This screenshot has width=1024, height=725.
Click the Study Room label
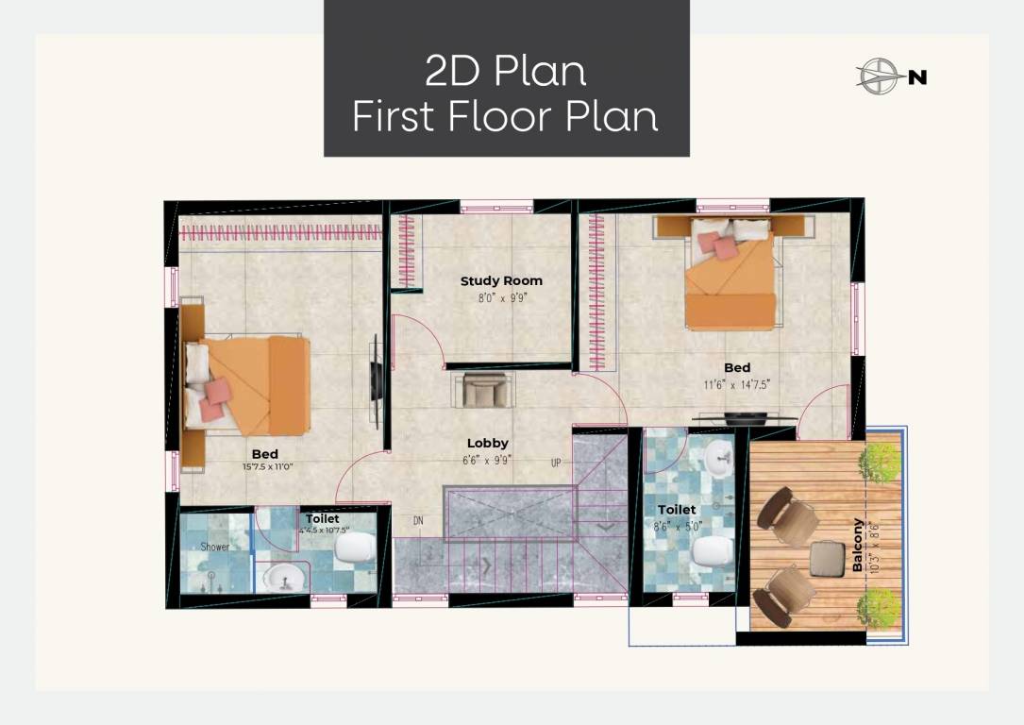[x=501, y=280]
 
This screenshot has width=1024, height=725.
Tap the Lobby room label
[x=487, y=443]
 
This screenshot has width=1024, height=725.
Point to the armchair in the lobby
[x=485, y=390]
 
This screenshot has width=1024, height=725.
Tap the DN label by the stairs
[x=418, y=520]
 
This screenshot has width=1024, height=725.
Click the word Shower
[x=215, y=547]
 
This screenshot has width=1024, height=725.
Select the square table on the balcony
[x=827, y=558]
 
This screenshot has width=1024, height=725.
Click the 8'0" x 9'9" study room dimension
[x=500, y=297]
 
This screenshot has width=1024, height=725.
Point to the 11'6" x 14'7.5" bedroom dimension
[x=737, y=384]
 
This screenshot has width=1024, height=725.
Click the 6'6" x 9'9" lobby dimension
[x=487, y=460]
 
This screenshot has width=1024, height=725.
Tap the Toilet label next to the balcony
[x=677, y=510]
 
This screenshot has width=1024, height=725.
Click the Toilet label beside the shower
[x=323, y=518]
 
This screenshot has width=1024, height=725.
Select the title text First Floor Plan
[x=505, y=117]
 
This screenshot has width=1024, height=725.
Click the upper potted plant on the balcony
[x=879, y=462]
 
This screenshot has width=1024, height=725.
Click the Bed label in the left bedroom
[x=264, y=454]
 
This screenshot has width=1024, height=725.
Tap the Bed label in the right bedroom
[x=737, y=367]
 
